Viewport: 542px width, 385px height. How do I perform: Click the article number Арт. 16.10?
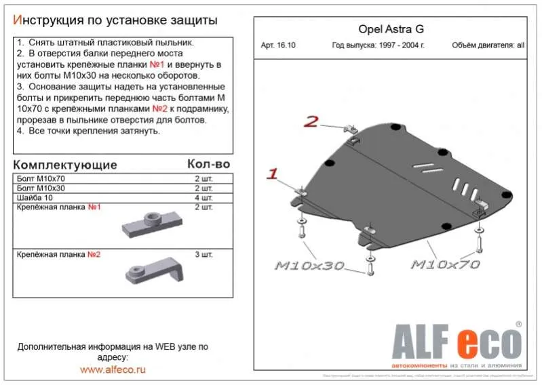tap(278, 46)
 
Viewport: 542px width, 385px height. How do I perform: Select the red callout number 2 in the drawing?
tap(311, 122)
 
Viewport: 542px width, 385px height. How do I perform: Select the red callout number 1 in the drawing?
tap(273, 174)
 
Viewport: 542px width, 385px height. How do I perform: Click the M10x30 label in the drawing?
tap(309, 265)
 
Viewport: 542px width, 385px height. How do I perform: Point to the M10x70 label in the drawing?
tap(445, 264)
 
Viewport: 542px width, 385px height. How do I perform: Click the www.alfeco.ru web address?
tap(113, 369)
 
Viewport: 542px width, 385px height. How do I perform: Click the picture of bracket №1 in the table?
tap(151, 222)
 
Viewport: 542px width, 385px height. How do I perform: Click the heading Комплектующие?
tap(65, 165)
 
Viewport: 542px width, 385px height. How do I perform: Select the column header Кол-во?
tap(208, 164)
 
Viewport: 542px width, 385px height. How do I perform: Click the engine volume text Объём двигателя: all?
tap(488, 46)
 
